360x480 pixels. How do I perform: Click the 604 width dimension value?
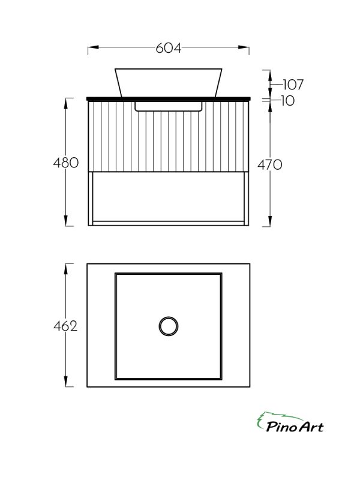[x=169, y=49]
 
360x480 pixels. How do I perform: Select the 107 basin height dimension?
[x=291, y=84]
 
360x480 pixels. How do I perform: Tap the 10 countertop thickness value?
[x=287, y=101]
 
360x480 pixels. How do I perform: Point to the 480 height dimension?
[x=66, y=163]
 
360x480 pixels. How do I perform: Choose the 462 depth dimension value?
[x=66, y=326]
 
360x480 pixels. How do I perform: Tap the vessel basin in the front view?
[x=169, y=82]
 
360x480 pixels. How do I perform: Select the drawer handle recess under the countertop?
[x=169, y=106]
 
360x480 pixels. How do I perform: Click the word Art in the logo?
[x=310, y=427]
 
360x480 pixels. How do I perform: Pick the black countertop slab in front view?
[x=169, y=97]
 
